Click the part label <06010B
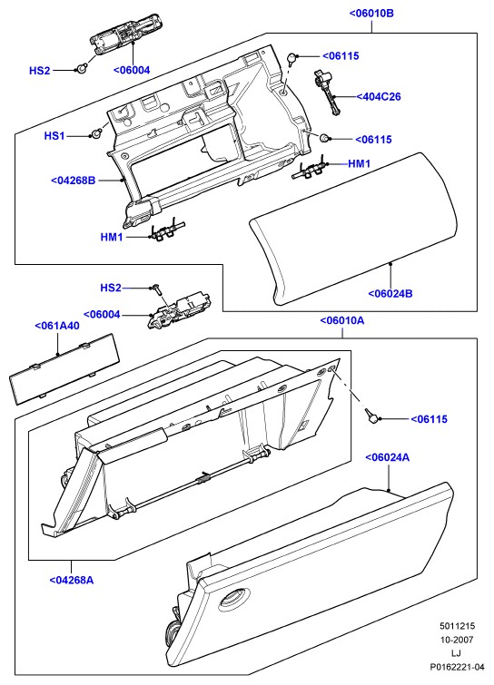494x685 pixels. click(371, 13)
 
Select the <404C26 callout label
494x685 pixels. click(379, 96)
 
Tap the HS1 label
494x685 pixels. click(54, 136)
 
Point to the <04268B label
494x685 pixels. click(73, 180)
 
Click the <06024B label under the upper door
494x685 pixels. click(390, 293)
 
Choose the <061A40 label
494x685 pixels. click(57, 326)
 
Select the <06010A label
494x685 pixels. click(342, 320)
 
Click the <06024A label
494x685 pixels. click(388, 457)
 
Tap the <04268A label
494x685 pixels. click(71, 580)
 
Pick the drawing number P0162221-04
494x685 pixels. click(457, 667)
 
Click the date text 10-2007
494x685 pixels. click(457, 640)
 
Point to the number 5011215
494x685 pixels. click(457, 626)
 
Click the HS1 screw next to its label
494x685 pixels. click(96, 132)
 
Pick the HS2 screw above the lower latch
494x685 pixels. click(156, 289)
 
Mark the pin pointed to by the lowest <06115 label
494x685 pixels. click(373, 416)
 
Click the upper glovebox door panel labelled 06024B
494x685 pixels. click(353, 227)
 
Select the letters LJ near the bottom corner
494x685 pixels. click(457, 653)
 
